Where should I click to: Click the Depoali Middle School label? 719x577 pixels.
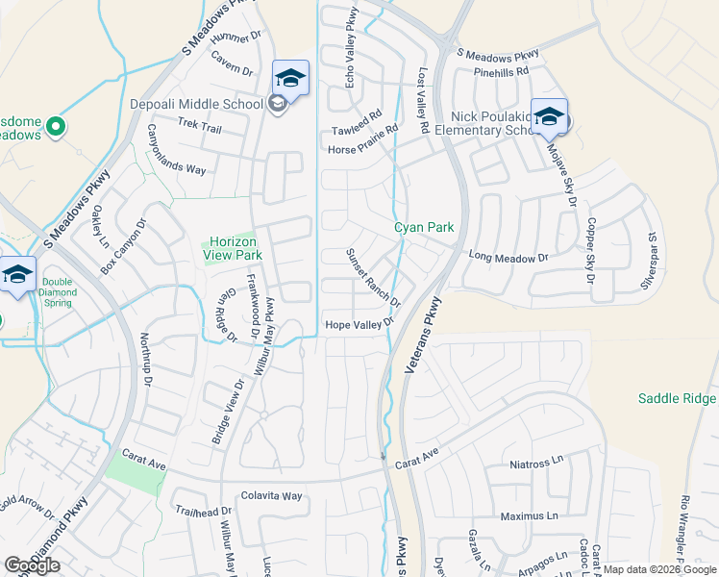tap(196, 104)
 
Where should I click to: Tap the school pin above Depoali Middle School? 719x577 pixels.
tap(290, 77)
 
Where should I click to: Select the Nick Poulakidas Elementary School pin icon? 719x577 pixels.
tap(548, 116)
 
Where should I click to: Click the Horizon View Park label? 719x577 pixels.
tap(236, 249)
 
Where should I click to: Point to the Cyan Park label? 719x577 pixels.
tap(423, 228)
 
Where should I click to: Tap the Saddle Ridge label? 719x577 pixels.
tap(678, 398)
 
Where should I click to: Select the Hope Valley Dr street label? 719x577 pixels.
tap(359, 325)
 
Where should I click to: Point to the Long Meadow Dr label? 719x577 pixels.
tap(508, 257)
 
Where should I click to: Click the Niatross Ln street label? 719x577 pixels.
tap(536, 462)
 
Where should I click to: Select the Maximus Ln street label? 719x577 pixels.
tap(535, 516)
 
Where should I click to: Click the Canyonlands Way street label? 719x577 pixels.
tap(176, 155)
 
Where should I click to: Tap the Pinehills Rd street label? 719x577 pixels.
tap(501, 72)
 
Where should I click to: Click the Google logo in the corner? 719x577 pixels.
tap(32, 565)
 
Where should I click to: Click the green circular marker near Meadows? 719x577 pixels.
tap(56, 125)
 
